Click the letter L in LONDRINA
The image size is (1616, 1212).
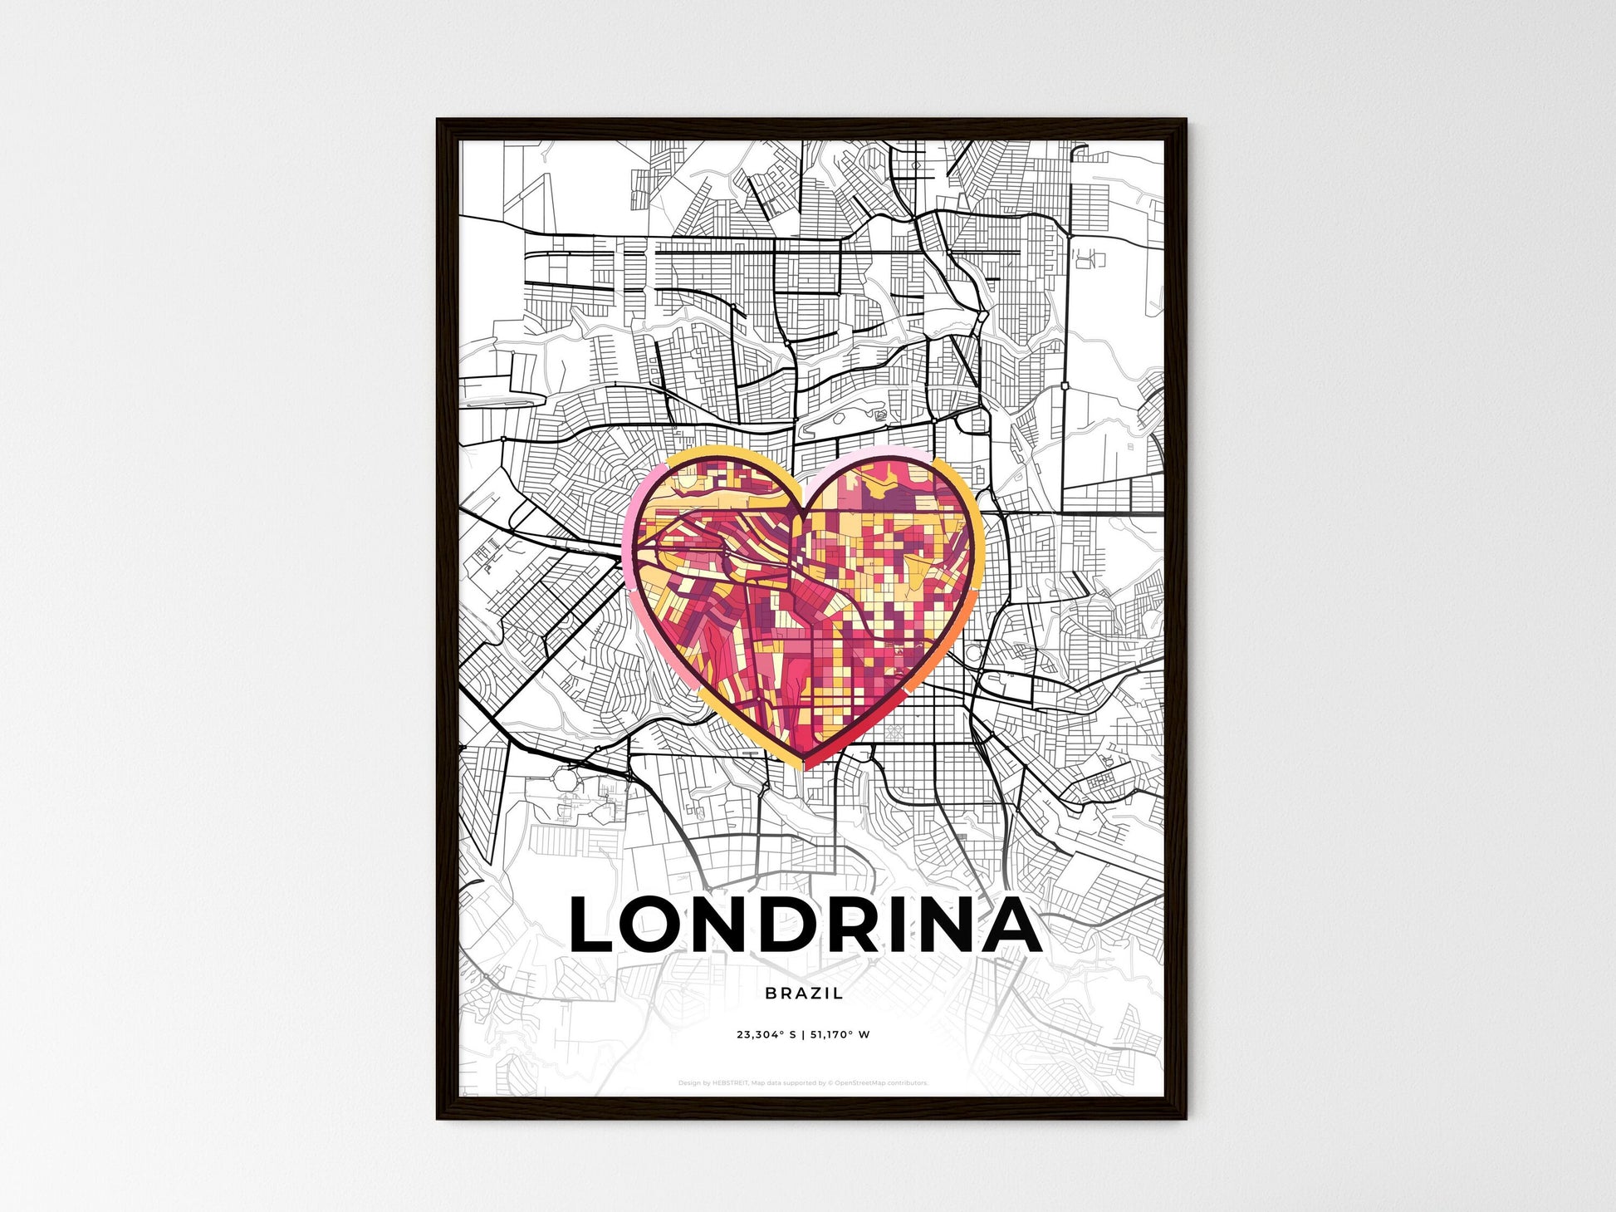click(591, 925)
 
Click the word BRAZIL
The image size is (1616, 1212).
click(804, 993)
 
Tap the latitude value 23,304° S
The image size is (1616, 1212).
click(766, 1035)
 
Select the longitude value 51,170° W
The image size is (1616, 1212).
click(840, 1035)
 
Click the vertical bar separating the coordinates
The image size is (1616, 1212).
click(803, 1035)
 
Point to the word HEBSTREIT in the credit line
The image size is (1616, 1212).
click(730, 1083)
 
